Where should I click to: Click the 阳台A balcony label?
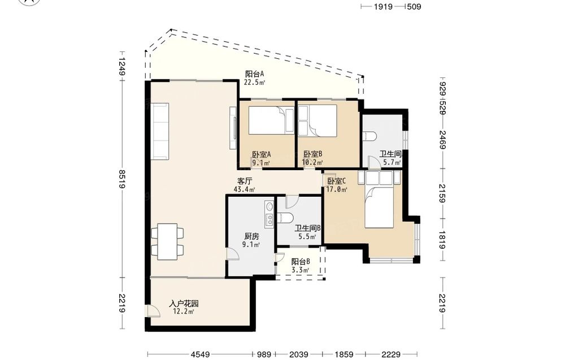click(255, 74)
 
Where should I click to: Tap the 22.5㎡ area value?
click(254, 82)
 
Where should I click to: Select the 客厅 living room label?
click(245, 181)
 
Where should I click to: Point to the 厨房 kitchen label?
click(251, 236)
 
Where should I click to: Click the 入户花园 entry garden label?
click(184, 303)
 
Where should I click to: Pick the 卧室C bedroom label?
click(337, 181)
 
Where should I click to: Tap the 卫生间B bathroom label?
click(308, 228)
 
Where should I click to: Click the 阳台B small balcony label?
click(301, 261)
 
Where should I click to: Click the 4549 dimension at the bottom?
click(200, 354)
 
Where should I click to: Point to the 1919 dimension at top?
click(383, 6)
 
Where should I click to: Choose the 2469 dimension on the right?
click(443, 140)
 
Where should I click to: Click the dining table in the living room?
click(167, 241)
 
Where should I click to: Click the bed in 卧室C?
click(379, 199)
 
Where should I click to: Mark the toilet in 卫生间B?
click(286, 218)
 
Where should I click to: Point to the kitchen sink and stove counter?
click(269, 214)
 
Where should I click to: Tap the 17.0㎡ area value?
click(337, 189)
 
